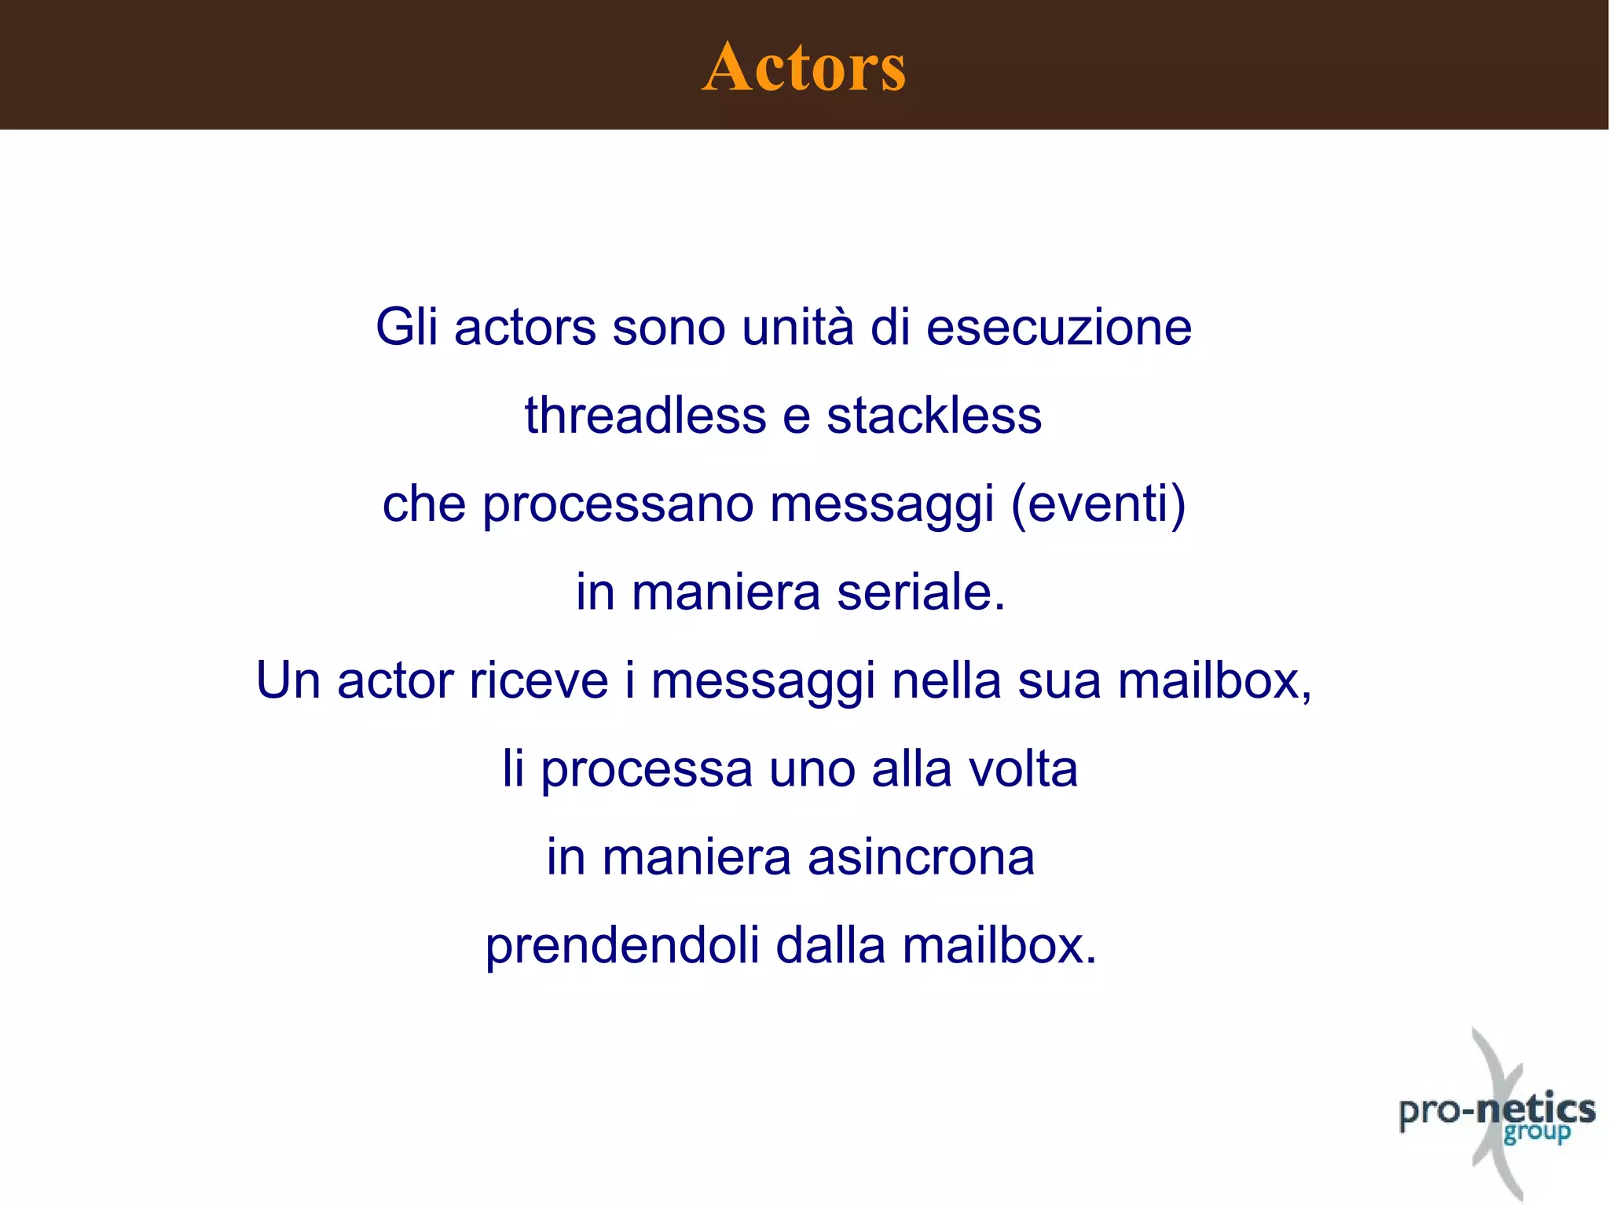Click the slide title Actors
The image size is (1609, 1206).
pyautogui.click(x=804, y=67)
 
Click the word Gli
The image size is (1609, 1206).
pyautogui.click(x=406, y=327)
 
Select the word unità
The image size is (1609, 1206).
pyautogui.click(x=797, y=327)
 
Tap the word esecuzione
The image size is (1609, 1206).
pyautogui.click(x=1059, y=327)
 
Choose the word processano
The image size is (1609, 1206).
pyautogui.click(x=618, y=504)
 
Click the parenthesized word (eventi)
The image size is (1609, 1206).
pyautogui.click(x=1098, y=504)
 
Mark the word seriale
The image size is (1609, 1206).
pyautogui.click(x=921, y=592)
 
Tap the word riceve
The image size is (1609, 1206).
pyautogui.click(x=538, y=680)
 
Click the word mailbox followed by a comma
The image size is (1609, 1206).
pyautogui.click(x=1214, y=680)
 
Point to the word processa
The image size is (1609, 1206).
pyautogui.click(x=647, y=770)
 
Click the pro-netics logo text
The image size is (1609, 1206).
pyautogui.click(x=1497, y=1110)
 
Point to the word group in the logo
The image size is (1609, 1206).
pyautogui.click(x=1537, y=1134)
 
